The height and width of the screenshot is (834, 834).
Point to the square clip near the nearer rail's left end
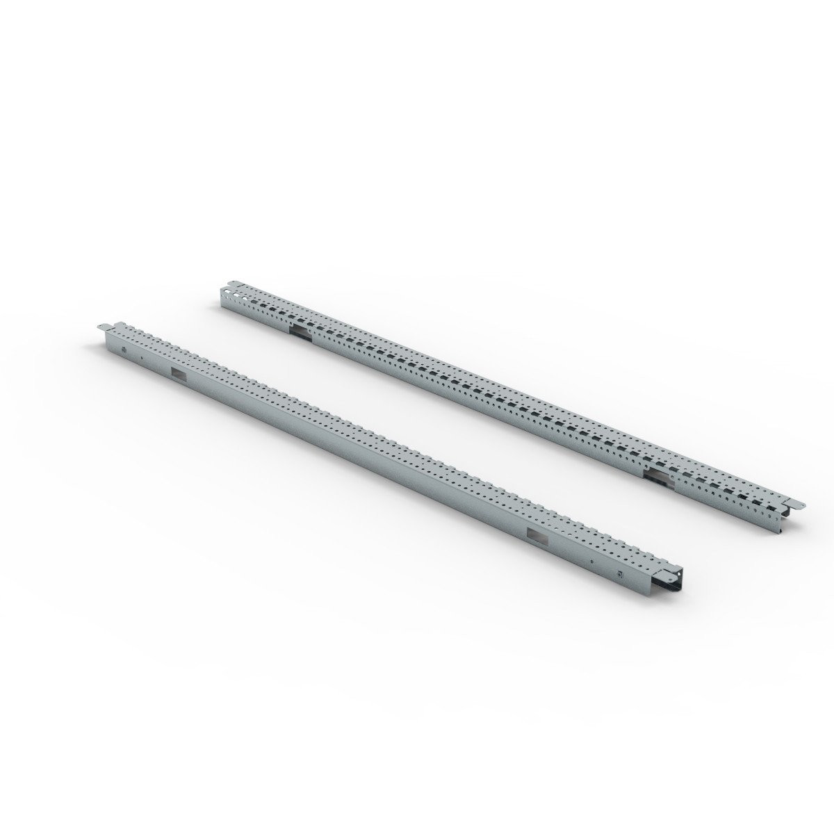click(123, 350)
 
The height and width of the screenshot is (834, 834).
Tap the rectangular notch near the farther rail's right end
click(657, 474)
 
